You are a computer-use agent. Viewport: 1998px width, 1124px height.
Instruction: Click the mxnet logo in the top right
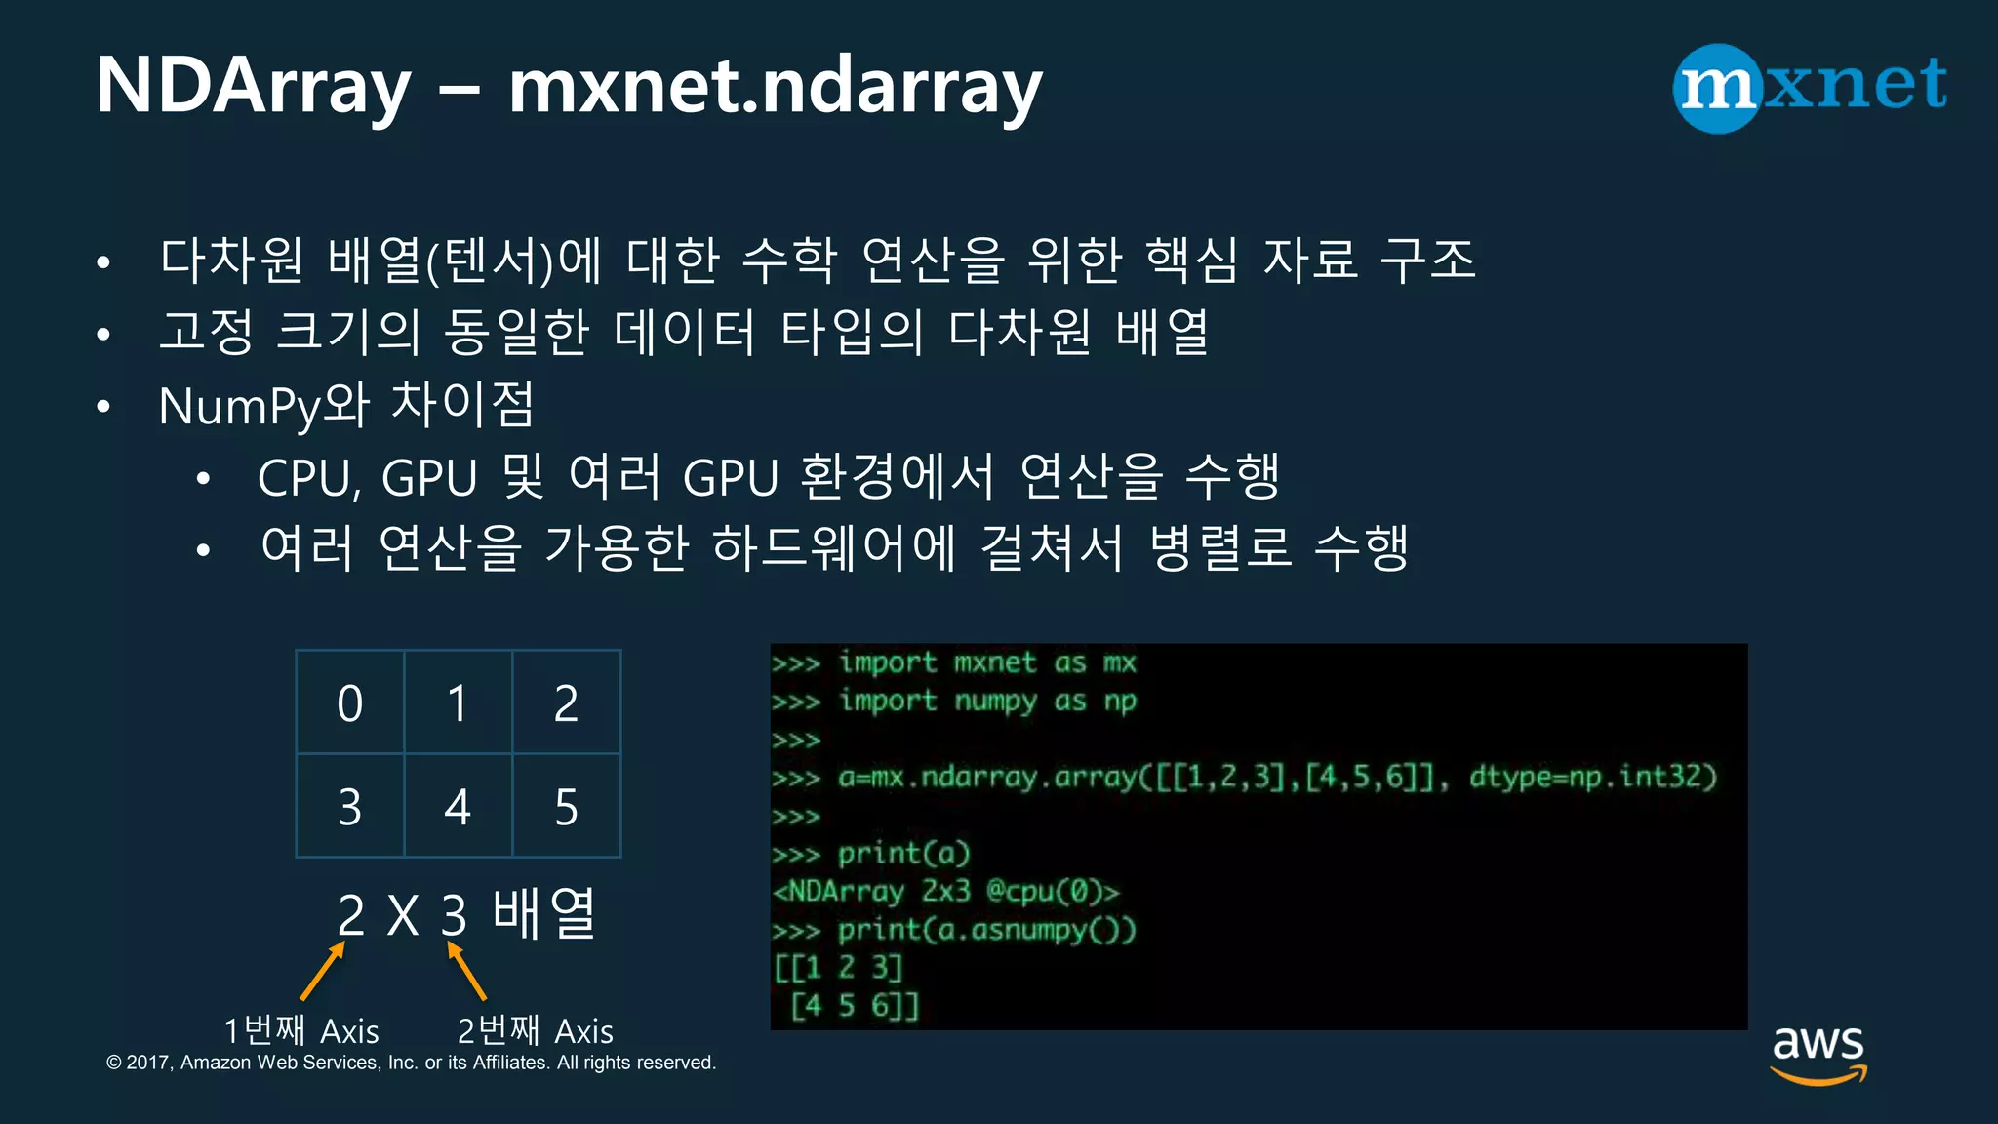pos(1811,87)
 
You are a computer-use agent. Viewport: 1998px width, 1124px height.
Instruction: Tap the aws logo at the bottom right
pos(1818,1054)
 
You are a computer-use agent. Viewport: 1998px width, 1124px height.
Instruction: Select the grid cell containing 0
pos(350,702)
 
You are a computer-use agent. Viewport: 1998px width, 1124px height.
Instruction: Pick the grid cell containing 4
pos(458,807)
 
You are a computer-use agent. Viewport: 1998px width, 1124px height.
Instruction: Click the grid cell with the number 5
pos(566,807)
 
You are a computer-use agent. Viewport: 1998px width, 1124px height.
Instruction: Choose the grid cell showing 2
pos(566,702)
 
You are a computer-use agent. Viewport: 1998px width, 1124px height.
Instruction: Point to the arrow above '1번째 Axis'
pos(322,971)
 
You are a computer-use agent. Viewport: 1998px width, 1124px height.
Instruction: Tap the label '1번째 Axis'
pos(300,1030)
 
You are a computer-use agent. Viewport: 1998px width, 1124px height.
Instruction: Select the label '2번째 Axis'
pos(535,1030)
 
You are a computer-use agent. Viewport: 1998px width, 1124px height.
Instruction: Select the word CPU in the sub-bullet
pos(305,478)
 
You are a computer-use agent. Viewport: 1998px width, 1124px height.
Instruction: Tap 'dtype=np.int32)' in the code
pos(1592,777)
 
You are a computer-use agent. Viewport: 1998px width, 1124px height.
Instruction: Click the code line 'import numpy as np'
pos(987,701)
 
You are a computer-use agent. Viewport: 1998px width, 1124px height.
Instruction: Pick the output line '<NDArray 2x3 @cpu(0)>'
pos(946,891)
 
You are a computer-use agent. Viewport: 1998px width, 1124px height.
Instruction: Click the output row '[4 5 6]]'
pos(855,1005)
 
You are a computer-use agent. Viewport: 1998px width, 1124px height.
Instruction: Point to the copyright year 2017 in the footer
pos(149,1063)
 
